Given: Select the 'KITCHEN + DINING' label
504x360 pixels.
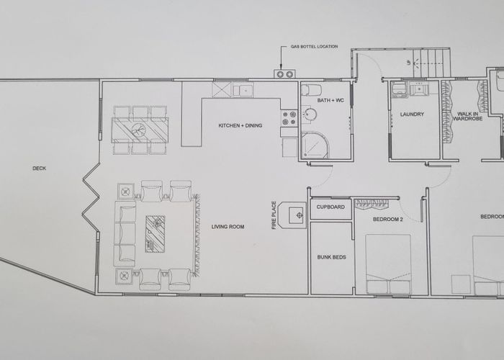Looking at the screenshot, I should click(x=240, y=126).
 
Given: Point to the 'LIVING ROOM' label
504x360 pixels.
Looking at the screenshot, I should click(x=228, y=227).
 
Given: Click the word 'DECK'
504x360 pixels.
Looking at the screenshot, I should click(x=40, y=168).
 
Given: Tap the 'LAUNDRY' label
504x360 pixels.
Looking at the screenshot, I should click(x=412, y=114).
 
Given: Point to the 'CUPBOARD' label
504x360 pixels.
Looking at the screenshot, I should click(x=330, y=207).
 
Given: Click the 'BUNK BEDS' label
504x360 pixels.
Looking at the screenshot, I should click(x=330, y=257).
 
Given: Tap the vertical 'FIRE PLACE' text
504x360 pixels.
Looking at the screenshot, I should click(x=274, y=215).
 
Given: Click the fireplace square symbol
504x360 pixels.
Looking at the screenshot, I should click(x=297, y=215).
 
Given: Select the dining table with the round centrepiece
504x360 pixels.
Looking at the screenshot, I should click(x=139, y=130).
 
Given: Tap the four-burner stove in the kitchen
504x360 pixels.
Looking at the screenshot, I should click(x=289, y=119).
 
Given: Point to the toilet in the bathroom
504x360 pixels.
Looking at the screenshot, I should click(x=311, y=90).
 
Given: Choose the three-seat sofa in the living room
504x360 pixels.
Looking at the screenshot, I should click(x=127, y=233).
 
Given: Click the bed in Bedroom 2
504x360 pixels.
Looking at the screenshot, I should click(x=389, y=264).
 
